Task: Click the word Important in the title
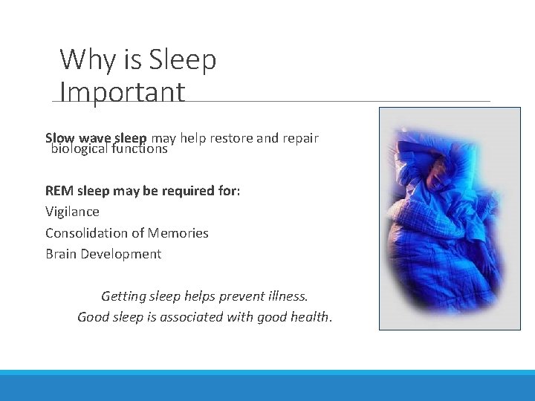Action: coord(122,93)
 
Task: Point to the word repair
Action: coord(299,138)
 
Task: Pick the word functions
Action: coord(140,149)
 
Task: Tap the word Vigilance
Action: coord(72,212)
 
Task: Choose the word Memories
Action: coord(178,233)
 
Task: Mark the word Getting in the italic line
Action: coord(123,296)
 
